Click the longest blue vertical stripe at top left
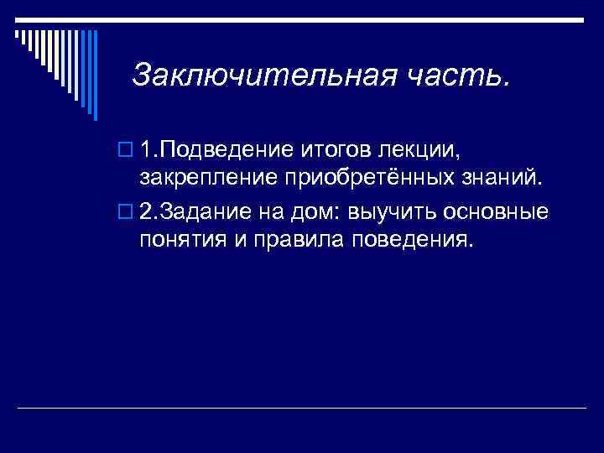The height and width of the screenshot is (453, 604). [94, 74]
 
